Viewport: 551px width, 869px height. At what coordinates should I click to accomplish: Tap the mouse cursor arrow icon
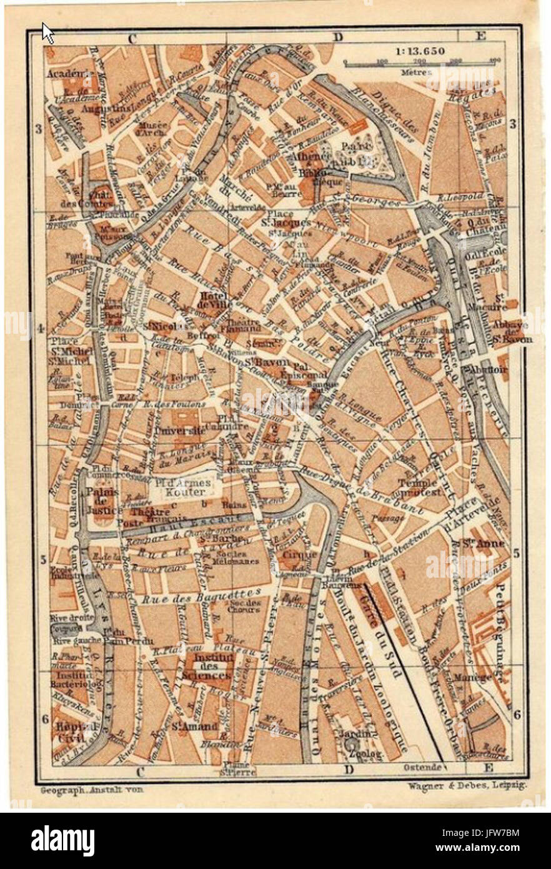[47, 33]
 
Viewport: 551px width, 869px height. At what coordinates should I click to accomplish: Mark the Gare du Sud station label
[375, 616]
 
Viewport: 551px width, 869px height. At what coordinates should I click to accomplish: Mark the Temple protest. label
[419, 486]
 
